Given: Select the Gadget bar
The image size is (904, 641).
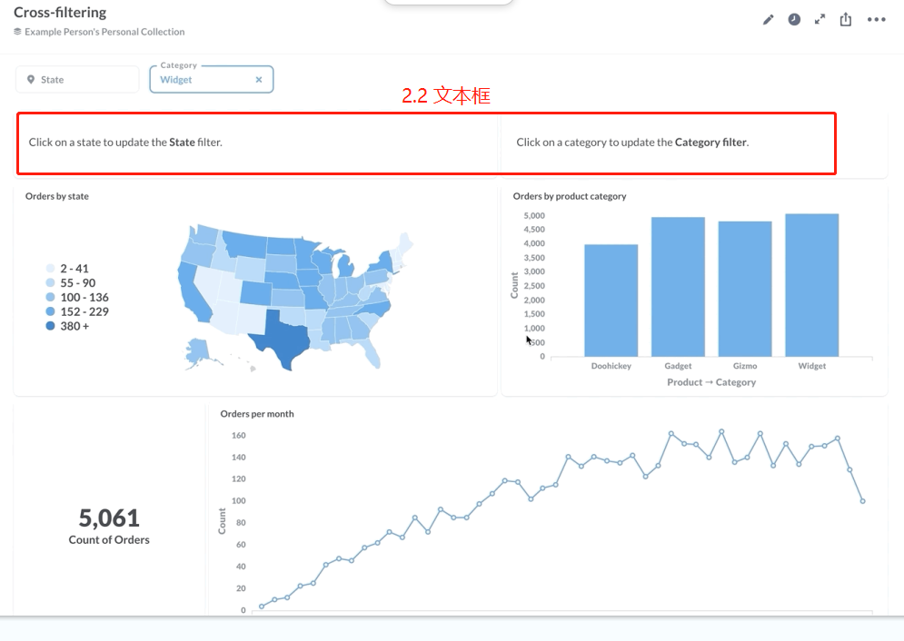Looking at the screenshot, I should point(678,286).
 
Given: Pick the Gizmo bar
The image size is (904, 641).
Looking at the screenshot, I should point(745,289).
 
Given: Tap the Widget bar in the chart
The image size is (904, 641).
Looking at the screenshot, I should point(812,284).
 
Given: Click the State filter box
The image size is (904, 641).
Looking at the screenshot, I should point(77,80).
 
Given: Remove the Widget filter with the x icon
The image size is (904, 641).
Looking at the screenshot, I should point(259,80).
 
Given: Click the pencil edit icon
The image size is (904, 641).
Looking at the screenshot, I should point(769,20).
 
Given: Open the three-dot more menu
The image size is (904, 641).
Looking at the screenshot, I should point(876,20).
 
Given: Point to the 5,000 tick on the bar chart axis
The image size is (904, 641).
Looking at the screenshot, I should point(533,216).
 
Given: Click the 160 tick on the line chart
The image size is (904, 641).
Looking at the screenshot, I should point(238,436).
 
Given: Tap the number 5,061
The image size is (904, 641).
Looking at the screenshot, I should point(109,518).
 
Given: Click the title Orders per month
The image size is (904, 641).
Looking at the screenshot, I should point(257,414).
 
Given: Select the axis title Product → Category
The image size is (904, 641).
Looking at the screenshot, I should point(711,382).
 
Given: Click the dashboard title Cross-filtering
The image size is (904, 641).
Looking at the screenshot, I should point(60,13).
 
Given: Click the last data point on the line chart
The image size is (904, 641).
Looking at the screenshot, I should point(862,501).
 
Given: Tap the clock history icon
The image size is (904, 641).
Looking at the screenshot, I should point(794,20).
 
